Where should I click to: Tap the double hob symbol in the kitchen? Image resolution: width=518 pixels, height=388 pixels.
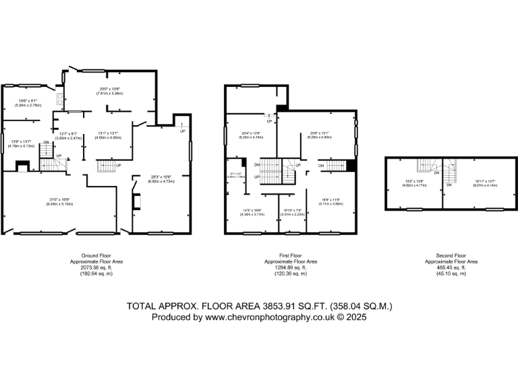(60, 100)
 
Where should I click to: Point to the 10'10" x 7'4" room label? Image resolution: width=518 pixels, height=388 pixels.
(293, 212)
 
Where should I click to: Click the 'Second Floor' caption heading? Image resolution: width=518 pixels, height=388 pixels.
(451, 256)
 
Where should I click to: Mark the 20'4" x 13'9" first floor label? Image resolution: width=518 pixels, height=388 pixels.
(251, 135)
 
